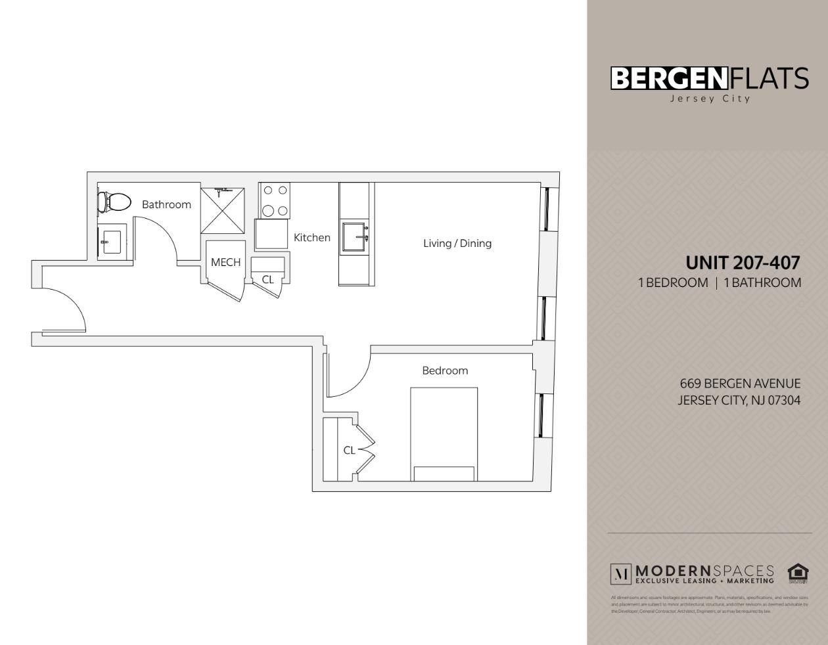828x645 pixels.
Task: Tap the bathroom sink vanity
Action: [x=112, y=242]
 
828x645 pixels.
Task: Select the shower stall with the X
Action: [x=222, y=210]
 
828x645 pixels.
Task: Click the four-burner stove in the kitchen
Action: [x=275, y=200]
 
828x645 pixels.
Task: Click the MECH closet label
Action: [x=225, y=262]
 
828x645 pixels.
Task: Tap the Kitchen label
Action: [x=311, y=237]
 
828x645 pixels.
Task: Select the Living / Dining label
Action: [x=457, y=243]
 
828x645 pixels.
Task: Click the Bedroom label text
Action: [x=445, y=370]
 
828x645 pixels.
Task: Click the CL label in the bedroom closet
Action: [x=349, y=450]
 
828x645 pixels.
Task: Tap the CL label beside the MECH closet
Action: [x=267, y=279]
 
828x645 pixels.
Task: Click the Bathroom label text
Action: [x=166, y=204]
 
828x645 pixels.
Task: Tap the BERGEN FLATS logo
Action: [x=709, y=79]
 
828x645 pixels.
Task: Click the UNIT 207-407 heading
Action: [x=743, y=263]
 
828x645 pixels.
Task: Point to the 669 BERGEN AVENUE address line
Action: [x=740, y=383]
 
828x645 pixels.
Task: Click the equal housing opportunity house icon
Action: [x=797, y=573]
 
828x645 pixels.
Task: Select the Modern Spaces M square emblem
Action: [x=620, y=574]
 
